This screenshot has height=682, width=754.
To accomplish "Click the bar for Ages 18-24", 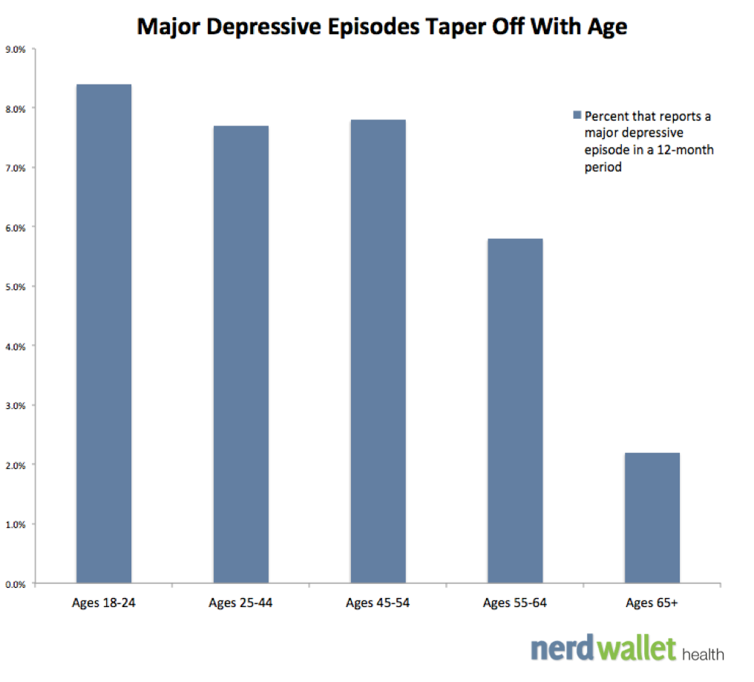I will (104, 334).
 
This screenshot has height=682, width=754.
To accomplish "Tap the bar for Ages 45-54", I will (378, 352).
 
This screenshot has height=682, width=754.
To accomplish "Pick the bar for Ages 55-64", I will (515, 411).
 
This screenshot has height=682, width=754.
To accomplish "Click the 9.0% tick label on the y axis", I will (16, 50).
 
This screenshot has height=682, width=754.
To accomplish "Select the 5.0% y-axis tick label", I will (16, 287).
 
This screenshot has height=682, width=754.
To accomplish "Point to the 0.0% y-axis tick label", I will (16, 584).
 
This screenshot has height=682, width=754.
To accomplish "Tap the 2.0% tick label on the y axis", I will (16, 465).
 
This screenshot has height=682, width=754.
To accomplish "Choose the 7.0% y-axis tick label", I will (16, 168).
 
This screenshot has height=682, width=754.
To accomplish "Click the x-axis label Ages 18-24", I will (104, 603).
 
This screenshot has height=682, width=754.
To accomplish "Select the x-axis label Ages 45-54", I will (378, 603).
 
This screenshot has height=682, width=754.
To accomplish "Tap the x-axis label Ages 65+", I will (652, 603).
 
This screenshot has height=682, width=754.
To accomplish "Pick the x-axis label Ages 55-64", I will (515, 603).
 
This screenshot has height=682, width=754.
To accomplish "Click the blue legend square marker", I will (577, 116).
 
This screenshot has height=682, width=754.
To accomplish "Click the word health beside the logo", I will (703, 654).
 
